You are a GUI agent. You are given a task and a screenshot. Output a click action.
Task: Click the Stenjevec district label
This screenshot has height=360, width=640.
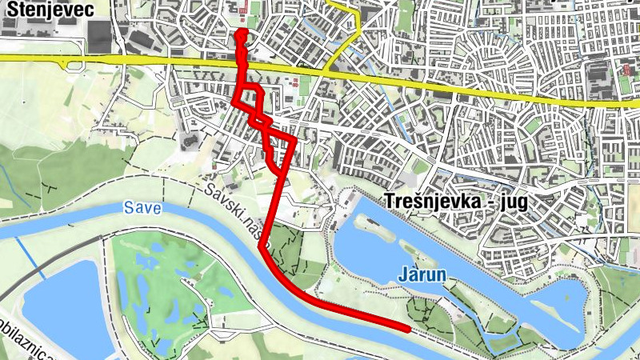[49, 10]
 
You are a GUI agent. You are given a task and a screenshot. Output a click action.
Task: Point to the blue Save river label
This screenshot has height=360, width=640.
[142, 209]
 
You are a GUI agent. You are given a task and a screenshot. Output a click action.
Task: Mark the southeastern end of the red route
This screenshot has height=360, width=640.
[408, 328]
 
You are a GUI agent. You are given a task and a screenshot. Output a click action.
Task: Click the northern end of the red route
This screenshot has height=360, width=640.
[239, 34]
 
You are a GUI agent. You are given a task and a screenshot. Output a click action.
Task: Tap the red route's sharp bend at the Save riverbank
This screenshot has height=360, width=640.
[262, 249]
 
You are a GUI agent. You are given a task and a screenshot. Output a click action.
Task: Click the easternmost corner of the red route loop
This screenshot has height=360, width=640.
[295, 139]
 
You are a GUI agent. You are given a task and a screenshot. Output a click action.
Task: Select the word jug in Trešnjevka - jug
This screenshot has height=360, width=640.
[510, 202]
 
